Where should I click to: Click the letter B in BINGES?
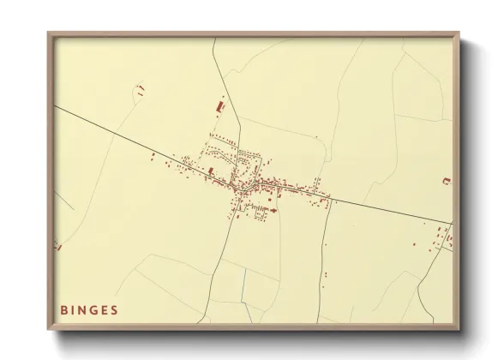[x=63, y=309]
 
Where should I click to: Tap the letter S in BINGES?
[x=115, y=309]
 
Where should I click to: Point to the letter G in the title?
[x=94, y=309]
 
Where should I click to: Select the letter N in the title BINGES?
[x=83, y=309]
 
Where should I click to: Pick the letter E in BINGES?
[x=105, y=309]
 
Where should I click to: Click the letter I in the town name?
[x=73, y=309]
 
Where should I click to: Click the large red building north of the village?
[x=216, y=106]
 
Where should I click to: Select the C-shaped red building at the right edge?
[x=446, y=180]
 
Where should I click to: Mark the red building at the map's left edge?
[x=58, y=246]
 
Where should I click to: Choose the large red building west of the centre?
[x=211, y=171]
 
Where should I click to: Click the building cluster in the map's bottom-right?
[x=441, y=238]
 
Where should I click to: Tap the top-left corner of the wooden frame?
[x=49, y=33]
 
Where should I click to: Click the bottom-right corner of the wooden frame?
[x=460, y=328]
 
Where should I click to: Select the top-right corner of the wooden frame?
[x=460, y=33]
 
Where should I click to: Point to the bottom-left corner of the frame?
[x=49, y=328]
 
